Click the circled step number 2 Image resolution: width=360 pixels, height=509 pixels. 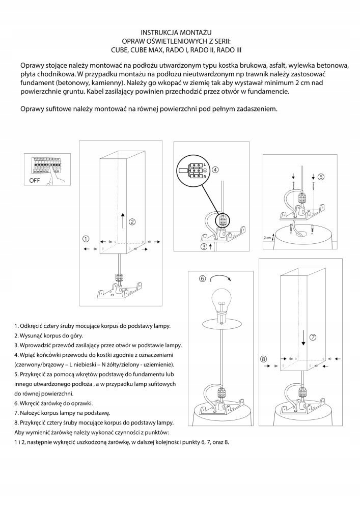[131, 221]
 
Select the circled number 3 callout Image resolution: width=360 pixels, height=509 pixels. [204, 246]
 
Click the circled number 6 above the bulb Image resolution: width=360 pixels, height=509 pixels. [202, 278]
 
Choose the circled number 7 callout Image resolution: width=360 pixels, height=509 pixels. [313, 337]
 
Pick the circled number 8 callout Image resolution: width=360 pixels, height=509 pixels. [264, 359]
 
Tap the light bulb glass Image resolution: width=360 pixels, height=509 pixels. [223, 299]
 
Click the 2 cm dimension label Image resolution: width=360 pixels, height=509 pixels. [267, 238]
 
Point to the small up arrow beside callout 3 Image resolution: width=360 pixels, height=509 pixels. [210, 246]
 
